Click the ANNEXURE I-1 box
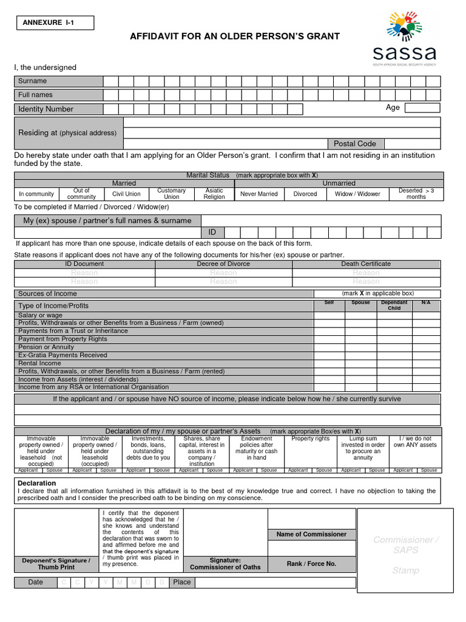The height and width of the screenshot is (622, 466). coord(55,23)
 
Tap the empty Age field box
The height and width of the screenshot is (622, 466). coord(422,108)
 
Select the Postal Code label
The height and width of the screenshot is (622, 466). coord(355,144)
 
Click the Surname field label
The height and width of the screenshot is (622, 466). coord(32,81)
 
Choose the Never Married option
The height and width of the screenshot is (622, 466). coord(259,194)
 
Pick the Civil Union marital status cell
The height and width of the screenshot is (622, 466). coord(126,194)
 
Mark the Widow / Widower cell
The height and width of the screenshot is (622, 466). coord(357,194)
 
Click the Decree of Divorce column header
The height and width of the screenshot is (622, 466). coord(223,264)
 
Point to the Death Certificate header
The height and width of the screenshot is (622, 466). coord(366,264)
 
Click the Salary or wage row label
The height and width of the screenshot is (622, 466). coord(40,315)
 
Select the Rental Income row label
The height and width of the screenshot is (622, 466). coord(39,363)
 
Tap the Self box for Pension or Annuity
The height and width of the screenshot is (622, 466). coord(329,347)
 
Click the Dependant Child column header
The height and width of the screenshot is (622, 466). coord(394,305)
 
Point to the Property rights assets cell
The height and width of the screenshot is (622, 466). coord(310,439)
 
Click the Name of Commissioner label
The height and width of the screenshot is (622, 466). coord(311,535)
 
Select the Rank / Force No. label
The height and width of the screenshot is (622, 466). coord(311,564)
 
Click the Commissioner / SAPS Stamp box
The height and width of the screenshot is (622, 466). coord(405,551)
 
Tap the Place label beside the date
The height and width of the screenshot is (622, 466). coord(181,582)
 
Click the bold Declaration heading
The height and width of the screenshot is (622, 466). coord(37,484)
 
